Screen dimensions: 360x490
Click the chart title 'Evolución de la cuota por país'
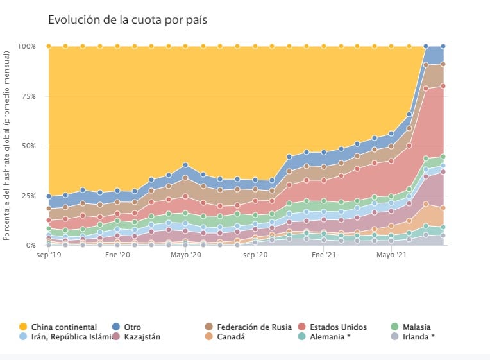point(128,20)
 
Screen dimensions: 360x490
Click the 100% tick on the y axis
point(26,46)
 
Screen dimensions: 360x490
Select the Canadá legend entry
point(231,336)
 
